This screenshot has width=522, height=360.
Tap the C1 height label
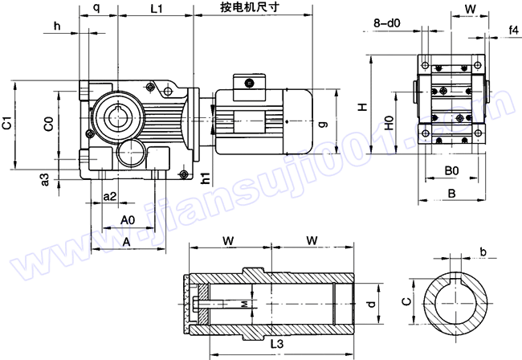tap(7, 124)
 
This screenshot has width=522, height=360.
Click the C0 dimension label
tap(49, 124)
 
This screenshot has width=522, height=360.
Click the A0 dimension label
tap(127, 219)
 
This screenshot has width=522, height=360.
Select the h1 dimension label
tap(206, 178)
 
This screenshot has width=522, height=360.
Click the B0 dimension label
tap(451, 170)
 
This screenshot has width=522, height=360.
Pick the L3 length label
tap(276, 344)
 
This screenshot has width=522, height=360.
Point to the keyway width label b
tap(483, 252)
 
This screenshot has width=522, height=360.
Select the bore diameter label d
tap(369, 304)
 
